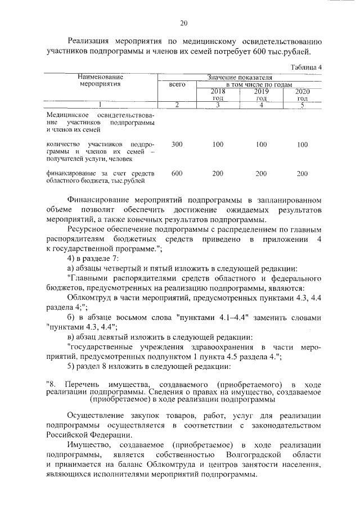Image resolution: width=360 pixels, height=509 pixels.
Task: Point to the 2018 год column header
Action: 217,94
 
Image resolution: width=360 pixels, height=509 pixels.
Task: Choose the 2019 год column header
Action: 260,94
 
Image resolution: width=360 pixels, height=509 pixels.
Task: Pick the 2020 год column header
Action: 302,94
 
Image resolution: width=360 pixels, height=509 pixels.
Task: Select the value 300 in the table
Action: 177,145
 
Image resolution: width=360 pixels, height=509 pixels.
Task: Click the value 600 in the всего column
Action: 177,174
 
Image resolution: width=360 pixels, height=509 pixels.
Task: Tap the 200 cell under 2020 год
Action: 302,174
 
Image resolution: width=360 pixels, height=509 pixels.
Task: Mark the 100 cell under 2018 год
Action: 218,145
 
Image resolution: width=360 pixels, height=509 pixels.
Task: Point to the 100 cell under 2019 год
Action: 261,145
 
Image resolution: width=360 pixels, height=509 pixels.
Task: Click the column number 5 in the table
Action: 302,105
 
